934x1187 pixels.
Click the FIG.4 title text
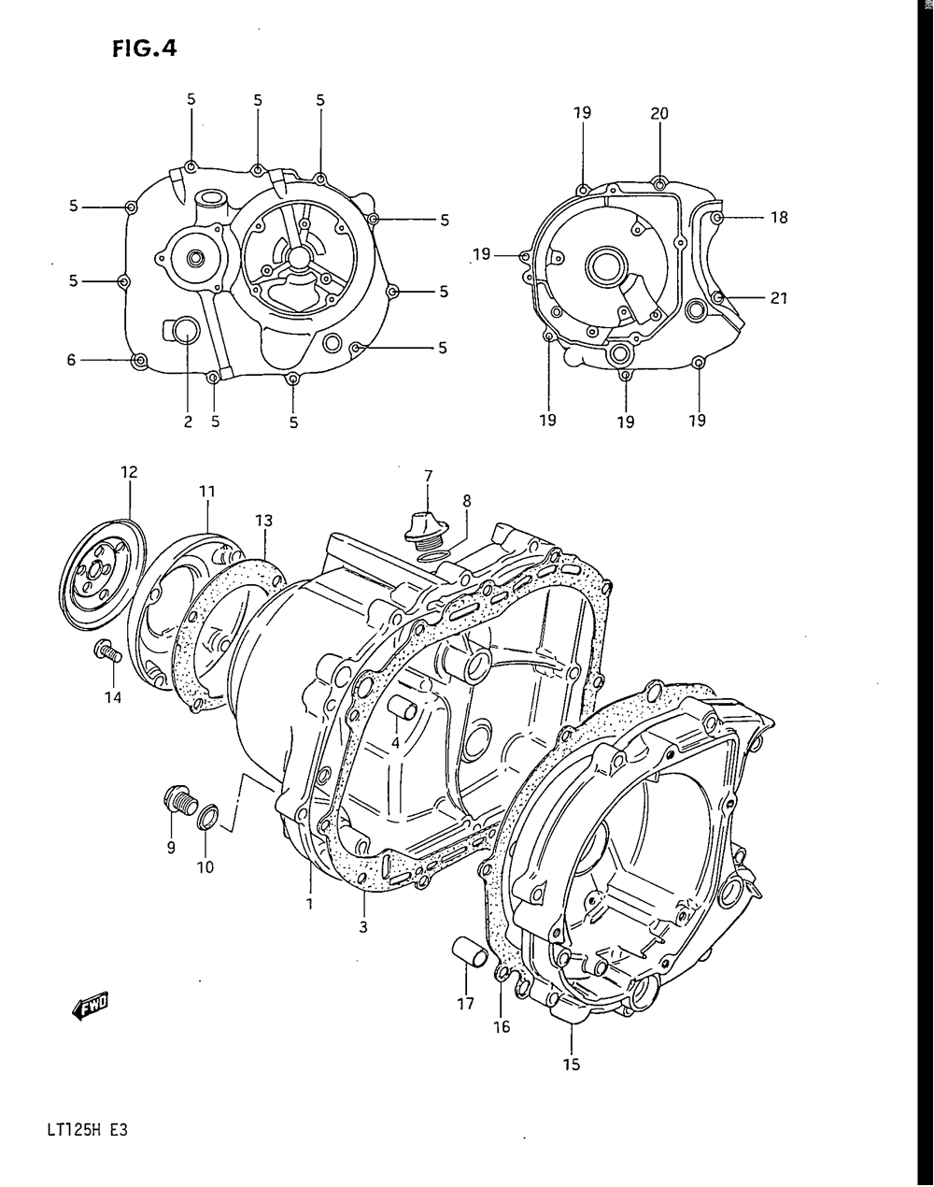[x=145, y=49]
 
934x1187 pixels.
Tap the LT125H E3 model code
[x=88, y=1130]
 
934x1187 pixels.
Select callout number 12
[x=129, y=472]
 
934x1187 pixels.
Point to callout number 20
[x=658, y=113]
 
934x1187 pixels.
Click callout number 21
[x=779, y=298]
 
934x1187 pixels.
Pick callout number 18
[x=779, y=218]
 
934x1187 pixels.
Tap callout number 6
[x=71, y=360]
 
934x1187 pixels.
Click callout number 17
[x=466, y=1003]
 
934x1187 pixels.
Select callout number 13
[x=263, y=521]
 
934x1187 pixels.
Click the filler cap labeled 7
[x=427, y=528]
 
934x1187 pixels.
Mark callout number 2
[x=188, y=422]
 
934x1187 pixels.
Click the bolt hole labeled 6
[x=141, y=361]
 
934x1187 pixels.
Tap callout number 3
[x=362, y=927]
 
